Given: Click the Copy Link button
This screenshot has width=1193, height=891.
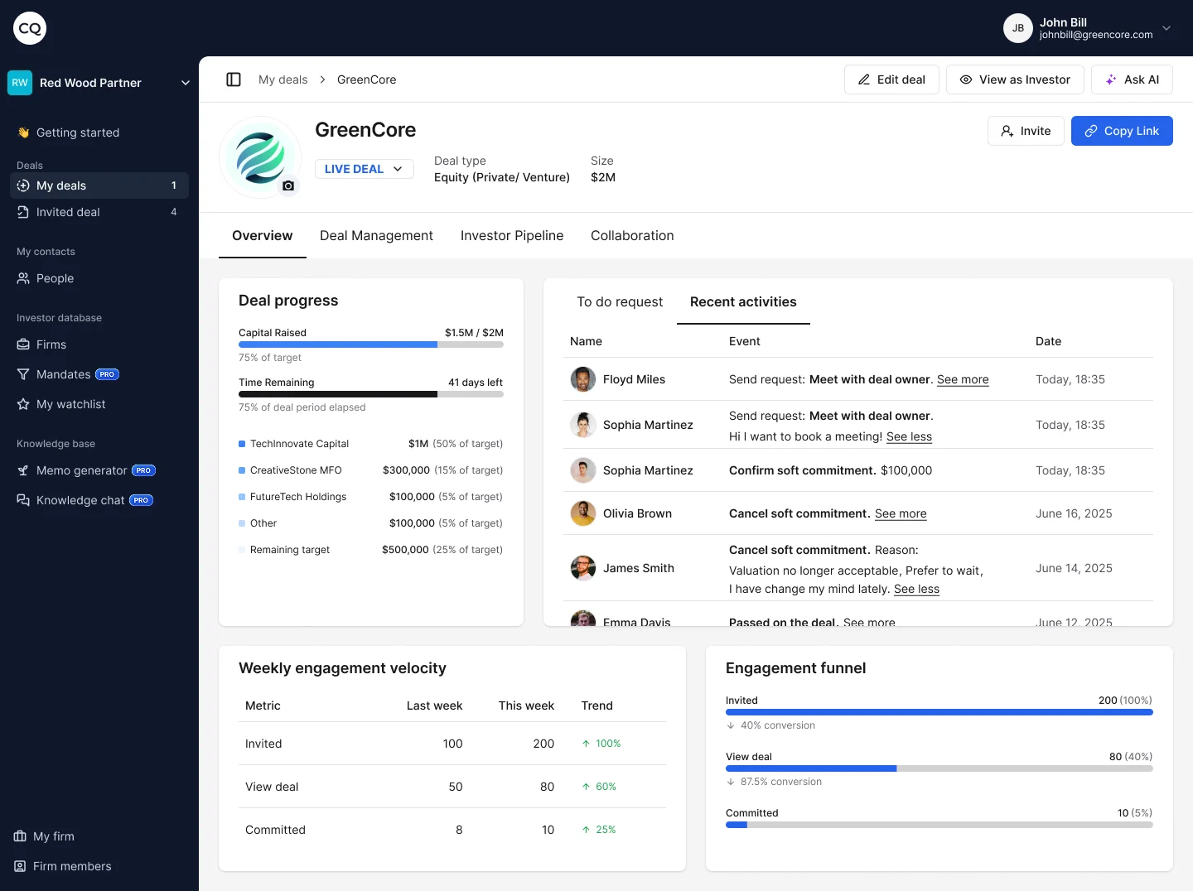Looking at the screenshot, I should [x=1122, y=131].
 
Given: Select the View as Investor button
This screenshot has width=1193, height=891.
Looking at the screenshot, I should [x=1015, y=79].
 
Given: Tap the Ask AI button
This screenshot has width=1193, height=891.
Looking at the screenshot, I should [x=1132, y=79].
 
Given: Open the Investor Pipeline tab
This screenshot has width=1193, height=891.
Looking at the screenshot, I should [x=511, y=236].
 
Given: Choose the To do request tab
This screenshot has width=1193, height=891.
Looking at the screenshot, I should [x=619, y=302].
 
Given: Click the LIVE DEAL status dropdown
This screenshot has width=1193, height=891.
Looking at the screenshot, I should [x=364, y=169].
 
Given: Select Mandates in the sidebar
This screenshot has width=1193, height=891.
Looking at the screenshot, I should [x=64, y=374].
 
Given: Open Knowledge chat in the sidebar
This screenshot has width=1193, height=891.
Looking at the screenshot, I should [x=80, y=500].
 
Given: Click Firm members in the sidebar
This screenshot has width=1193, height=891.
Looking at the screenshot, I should [x=71, y=866].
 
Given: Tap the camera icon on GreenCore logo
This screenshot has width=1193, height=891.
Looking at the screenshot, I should [x=288, y=186].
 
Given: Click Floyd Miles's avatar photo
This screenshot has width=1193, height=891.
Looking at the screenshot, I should [x=583, y=379].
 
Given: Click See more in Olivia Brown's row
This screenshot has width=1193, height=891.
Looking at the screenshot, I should [x=901, y=513].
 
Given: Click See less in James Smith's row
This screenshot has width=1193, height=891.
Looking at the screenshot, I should [x=916, y=589].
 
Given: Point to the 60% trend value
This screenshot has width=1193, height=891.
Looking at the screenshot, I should [x=605, y=787].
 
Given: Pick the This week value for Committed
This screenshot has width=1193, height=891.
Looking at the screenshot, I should [x=548, y=830].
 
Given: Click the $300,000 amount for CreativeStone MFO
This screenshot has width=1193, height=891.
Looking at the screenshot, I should [x=406, y=470].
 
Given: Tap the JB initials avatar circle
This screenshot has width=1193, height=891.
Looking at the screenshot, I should [x=1017, y=28].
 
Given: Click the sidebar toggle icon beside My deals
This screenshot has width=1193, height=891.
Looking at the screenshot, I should [x=234, y=79].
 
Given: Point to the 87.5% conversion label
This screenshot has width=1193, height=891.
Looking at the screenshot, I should [x=780, y=782].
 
